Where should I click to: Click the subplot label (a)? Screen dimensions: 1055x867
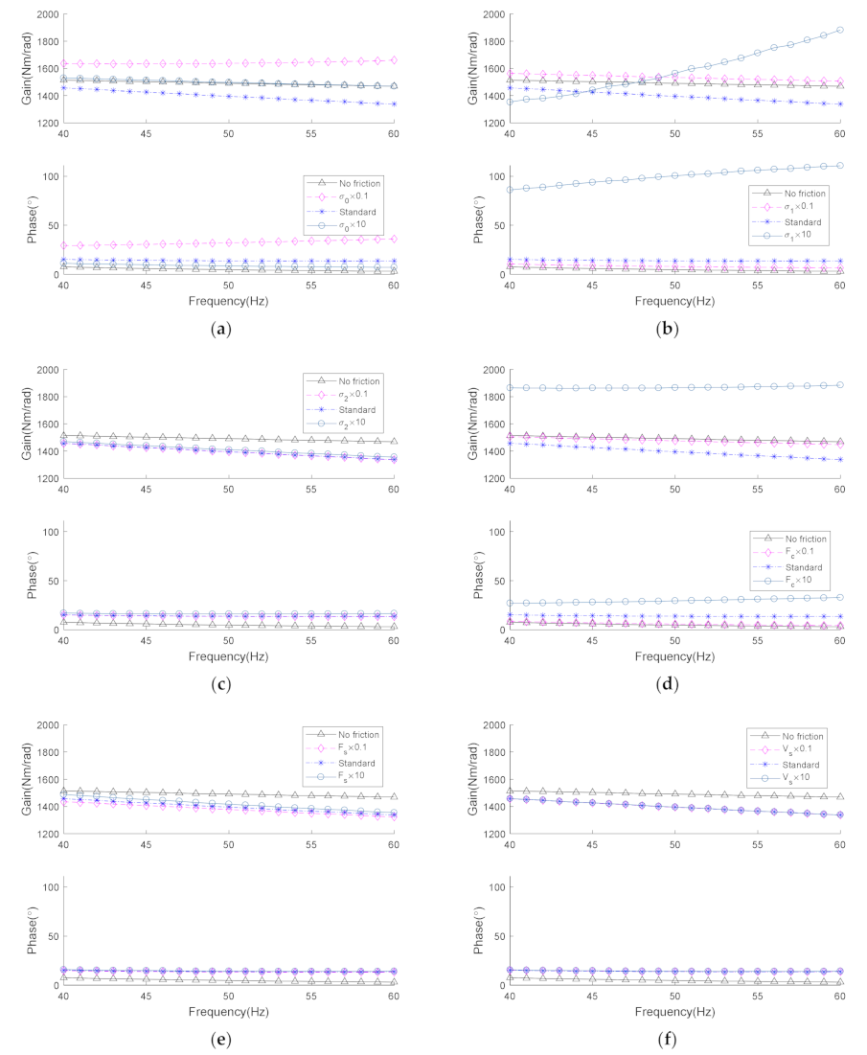[x=222, y=329]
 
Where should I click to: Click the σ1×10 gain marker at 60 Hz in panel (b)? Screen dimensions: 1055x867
[x=840, y=30]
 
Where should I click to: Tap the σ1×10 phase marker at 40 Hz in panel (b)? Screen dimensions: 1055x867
[x=510, y=190]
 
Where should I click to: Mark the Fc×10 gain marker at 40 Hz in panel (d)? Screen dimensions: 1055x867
[x=510, y=387]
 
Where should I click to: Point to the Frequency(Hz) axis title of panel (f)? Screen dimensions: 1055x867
[x=674, y=1012]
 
